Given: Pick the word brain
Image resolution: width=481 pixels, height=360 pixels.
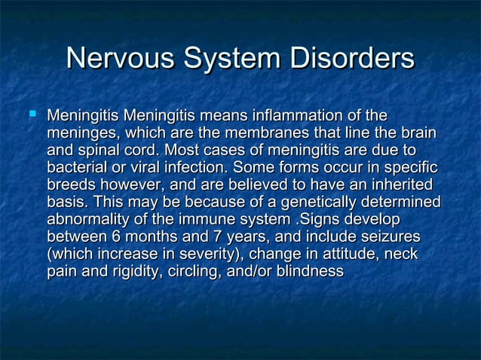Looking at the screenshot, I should click(418, 133).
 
